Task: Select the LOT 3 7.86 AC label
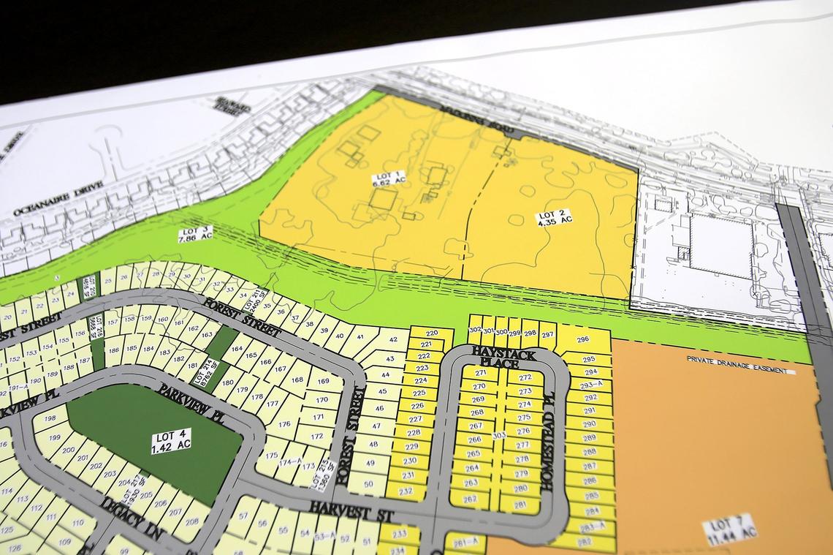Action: pos(195,235)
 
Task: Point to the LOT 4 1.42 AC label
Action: pos(172,441)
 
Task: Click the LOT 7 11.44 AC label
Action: pos(729,529)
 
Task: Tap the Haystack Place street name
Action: pos(503,357)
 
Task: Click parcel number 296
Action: pos(582,339)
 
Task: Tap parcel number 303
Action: pos(499,435)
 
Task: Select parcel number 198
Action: pos(50,419)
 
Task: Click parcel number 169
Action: pos(323,381)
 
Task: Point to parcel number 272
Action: pos(525,377)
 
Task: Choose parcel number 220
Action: pos(431,333)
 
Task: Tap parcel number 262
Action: pos(470,499)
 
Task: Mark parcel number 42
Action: pos(392,339)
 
